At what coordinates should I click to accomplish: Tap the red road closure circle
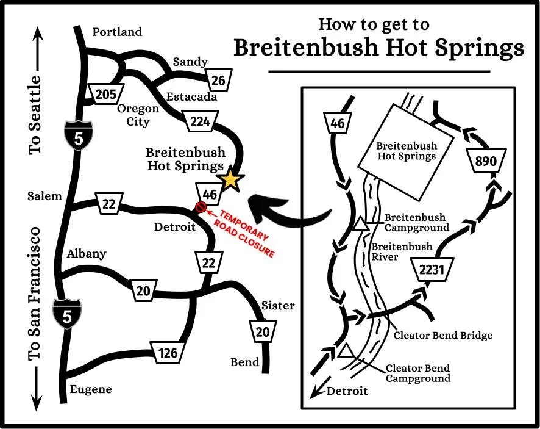click(x=199, y=207)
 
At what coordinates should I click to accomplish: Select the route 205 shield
click(x=105, y=95)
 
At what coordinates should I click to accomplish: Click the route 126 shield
click(x=168, y=353)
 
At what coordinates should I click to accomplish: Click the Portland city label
click(x=117, y=32)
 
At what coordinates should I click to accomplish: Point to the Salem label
click(x=44, y=196)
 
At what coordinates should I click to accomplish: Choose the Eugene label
click(x=91, y=389)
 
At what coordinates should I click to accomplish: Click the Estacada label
click(x=191, y=96)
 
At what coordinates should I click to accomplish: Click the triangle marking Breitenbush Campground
click(x=361, y=225)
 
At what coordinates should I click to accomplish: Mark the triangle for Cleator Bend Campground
click(x=347, y=351)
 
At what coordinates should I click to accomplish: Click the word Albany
click(x=87, y=254)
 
